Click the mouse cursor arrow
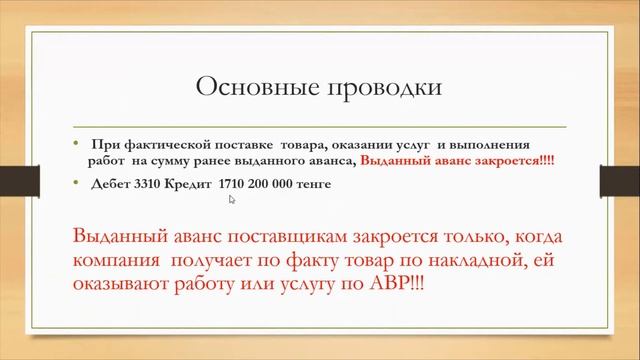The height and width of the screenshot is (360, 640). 232,200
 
